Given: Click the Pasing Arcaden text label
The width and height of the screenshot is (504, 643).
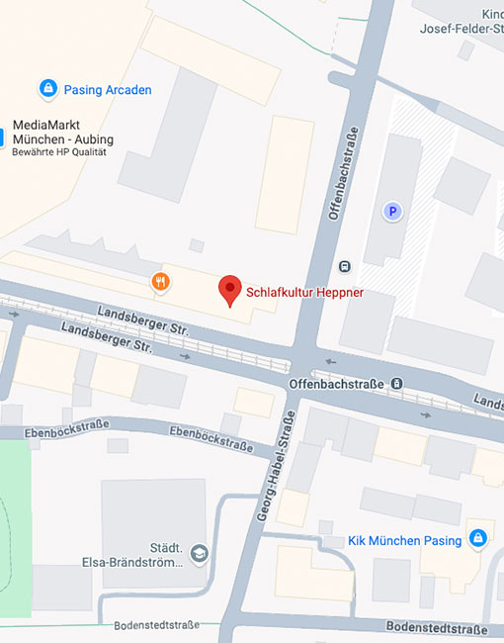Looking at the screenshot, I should (x=108, y=90).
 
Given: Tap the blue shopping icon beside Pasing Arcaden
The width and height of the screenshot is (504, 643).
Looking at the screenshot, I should (x=47, y=89).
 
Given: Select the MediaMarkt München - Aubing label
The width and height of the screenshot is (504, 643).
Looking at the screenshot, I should (x=62, y=133).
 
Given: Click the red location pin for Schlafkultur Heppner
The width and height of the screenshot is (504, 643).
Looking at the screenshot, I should (x=229, y=288).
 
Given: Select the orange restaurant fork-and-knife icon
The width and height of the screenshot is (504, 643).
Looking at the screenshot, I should (x=161, y=283).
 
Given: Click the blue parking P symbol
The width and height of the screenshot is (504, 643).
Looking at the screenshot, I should (x=392, y=211).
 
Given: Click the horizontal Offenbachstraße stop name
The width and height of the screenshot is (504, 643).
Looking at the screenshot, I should (x=336, y=383).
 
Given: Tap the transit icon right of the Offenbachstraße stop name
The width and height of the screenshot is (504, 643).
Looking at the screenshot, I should (x=396, y=383).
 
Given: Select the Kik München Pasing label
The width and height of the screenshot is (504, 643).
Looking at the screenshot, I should (x=405, y=540).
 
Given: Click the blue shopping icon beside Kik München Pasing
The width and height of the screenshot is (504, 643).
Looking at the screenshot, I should (x=478, y=538).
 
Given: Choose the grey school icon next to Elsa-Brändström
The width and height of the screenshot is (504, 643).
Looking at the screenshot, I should (x=200, y=552).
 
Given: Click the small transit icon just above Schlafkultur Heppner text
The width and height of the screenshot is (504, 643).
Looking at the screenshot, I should (x=344, y=265).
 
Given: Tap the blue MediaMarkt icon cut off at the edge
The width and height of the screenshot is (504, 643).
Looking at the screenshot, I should (x=3, y=134).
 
